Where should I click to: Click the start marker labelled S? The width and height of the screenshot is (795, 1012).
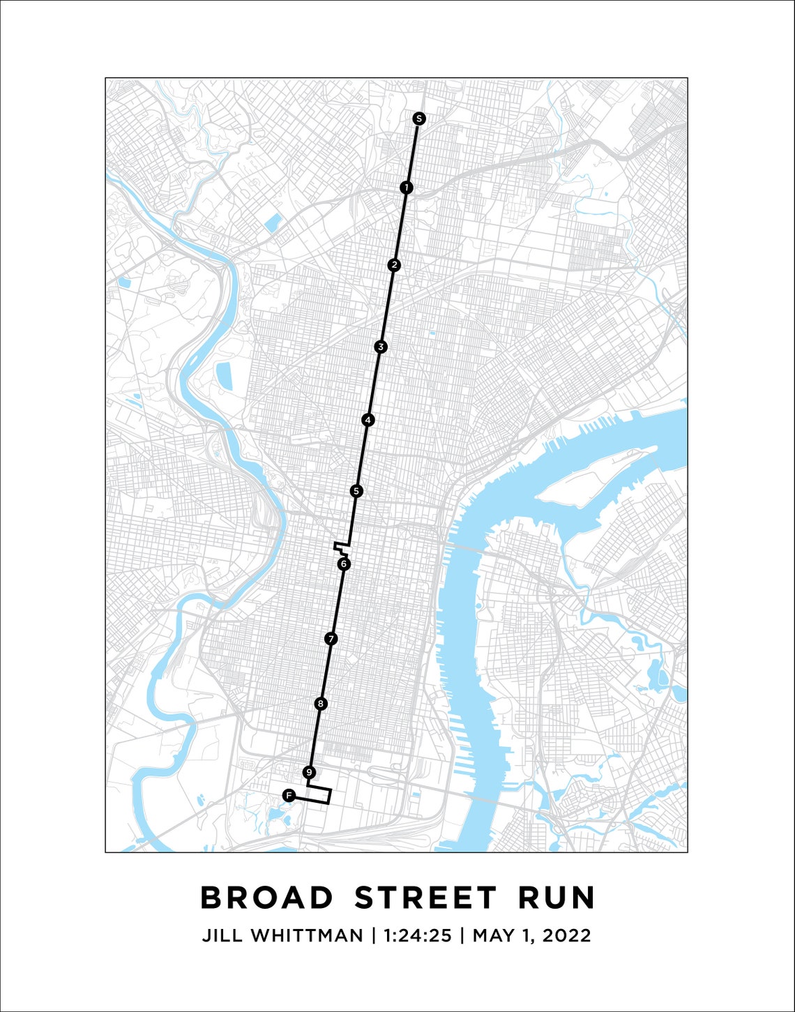click(x=418, y=119)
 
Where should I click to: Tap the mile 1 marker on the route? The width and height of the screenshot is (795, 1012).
click(x=407, y=188)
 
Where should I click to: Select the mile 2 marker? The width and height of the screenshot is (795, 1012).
click(x=395, y=265)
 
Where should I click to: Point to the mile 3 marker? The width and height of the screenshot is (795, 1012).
click(x=380, y=347)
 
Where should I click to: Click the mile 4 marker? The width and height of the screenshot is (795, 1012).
click(x=368, y=420)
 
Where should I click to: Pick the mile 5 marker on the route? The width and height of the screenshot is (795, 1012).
click(x=356, y=491)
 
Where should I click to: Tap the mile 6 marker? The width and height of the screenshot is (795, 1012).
click(x=343, y=564)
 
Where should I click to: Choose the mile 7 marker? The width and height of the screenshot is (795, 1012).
click(x=331, y=638)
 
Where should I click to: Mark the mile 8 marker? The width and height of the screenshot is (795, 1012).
click(x=320, y=704)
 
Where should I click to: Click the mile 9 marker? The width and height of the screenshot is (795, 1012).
click(x=310, y=772)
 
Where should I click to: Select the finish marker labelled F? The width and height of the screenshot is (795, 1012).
click(x=289, y=795)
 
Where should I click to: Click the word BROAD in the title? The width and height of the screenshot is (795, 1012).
click(x=267, y=898)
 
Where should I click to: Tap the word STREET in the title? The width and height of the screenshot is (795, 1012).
click(x=425, y=898)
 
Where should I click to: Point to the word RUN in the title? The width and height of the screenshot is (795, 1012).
click(x=556, y=898)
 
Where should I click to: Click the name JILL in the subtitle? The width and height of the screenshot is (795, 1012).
click(x=222, y=935)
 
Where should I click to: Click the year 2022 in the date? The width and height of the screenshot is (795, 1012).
click(x=564, y=935)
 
